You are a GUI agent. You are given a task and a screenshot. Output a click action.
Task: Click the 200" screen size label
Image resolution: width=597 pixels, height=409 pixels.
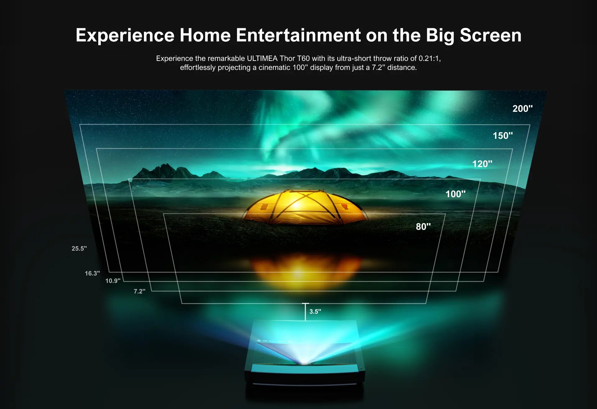522,109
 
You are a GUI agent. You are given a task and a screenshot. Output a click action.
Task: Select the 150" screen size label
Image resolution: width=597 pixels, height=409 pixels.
502,136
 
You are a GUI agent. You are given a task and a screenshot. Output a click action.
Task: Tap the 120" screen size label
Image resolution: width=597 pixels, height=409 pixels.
482,164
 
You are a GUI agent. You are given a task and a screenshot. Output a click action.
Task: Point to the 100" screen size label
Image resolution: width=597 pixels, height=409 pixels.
455,194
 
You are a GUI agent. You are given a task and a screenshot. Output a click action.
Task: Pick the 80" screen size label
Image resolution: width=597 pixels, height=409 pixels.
423,227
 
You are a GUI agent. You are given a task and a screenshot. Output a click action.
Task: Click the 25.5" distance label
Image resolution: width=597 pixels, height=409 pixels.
79,248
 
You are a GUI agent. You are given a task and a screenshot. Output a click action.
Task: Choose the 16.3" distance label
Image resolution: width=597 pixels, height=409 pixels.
92,273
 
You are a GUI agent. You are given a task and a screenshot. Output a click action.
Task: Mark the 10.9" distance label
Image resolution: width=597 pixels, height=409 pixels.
113,281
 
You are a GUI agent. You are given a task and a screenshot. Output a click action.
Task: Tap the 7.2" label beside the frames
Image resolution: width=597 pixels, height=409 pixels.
139,291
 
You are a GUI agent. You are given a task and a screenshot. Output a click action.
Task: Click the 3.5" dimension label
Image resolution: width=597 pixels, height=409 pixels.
315,311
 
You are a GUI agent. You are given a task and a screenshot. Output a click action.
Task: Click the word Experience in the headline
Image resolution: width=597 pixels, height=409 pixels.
125,35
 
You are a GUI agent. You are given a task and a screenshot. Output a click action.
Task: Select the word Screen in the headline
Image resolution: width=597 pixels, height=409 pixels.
490,35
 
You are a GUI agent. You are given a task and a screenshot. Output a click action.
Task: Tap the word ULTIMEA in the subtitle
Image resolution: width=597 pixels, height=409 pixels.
262,58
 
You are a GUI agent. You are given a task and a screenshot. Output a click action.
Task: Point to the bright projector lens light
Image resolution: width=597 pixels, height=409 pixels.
305,362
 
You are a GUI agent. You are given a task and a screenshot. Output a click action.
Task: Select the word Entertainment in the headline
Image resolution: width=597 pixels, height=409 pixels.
298,35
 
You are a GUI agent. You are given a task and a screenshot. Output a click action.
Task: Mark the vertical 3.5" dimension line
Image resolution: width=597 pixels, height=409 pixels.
305,311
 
